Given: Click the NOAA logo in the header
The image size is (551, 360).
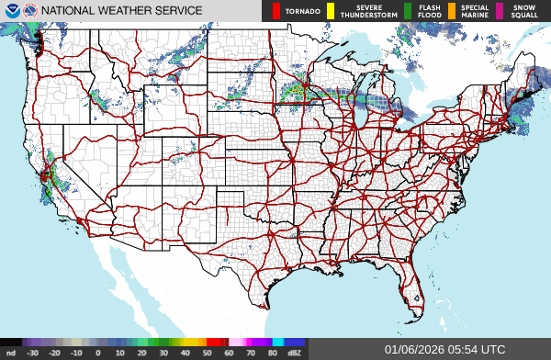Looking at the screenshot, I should pyautogui.click(x=11, y=11).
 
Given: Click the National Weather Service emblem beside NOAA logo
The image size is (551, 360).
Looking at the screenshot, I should pyautogui.click(x=31, y=11).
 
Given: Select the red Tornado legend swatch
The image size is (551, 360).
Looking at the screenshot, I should pyautogui.click(x=276, y=11).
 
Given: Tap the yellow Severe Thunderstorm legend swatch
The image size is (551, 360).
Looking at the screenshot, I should pyautogui.click(x=331, y=11).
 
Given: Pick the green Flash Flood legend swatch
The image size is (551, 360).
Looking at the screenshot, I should pyautogui.click(x=407, y=11).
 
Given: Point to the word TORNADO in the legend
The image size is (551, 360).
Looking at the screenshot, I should pyautogui.click(x=302, y=12).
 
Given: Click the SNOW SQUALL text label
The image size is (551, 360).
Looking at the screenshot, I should pyautogui.click(x=526, y=11).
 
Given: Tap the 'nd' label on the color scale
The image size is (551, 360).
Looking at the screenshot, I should pyautogui.click(x=10, y=353).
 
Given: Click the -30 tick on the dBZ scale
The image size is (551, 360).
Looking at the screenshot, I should pyautogui.click(x=32, y=353).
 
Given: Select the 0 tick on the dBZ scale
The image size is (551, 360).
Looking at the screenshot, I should pyautogui.click(x=97, y=353).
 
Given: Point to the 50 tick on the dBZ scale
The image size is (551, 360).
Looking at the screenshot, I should pyautogui.click(x=207, y=353).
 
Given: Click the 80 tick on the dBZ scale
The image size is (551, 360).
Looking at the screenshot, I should pyautogui.click(x=272, y=353).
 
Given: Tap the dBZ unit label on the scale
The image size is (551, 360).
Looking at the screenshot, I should pyautogui.click(x=295, y=353).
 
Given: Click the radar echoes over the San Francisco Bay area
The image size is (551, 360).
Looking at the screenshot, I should pyautogui.click(x=46, y=173).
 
